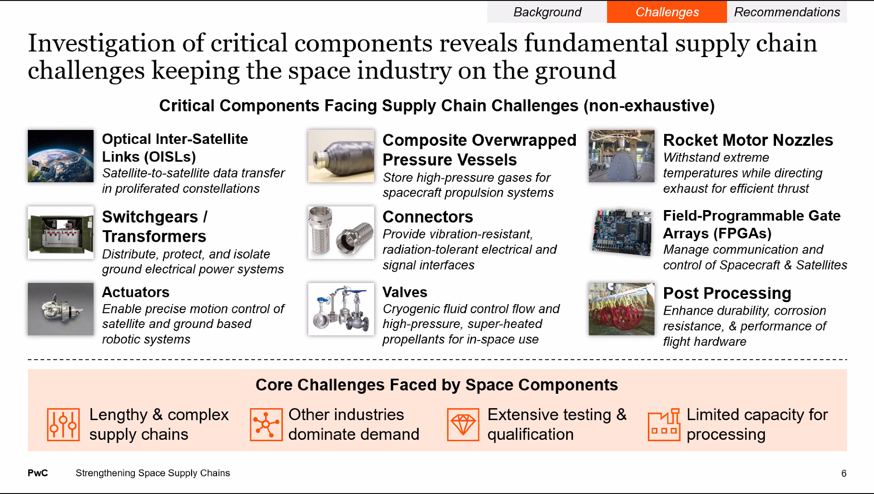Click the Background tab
tap(547, 12)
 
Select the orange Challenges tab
tap(667, 12)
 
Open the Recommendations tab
tap(787, 12)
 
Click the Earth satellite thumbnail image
tap(61, 156)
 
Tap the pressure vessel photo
tap(341, 156)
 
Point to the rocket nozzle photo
tap(621, 156)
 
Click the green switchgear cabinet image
tap(61, 233)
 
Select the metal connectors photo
tap(341, 233)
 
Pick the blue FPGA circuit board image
tap(621, 233)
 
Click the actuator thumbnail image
tap(61, 309)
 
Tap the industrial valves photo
tap(341, 309)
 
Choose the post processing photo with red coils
tap(621, 309)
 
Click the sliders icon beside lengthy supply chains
tap(63, 424)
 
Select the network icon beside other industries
tap(266, 424)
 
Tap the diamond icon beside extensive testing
tap(463, 424)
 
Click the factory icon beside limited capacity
tap(664, 424)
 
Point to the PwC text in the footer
tap(38, 473)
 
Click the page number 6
tap(844, 473)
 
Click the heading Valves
tap(405, 292)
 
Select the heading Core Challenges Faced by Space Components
tap(437, 385)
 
